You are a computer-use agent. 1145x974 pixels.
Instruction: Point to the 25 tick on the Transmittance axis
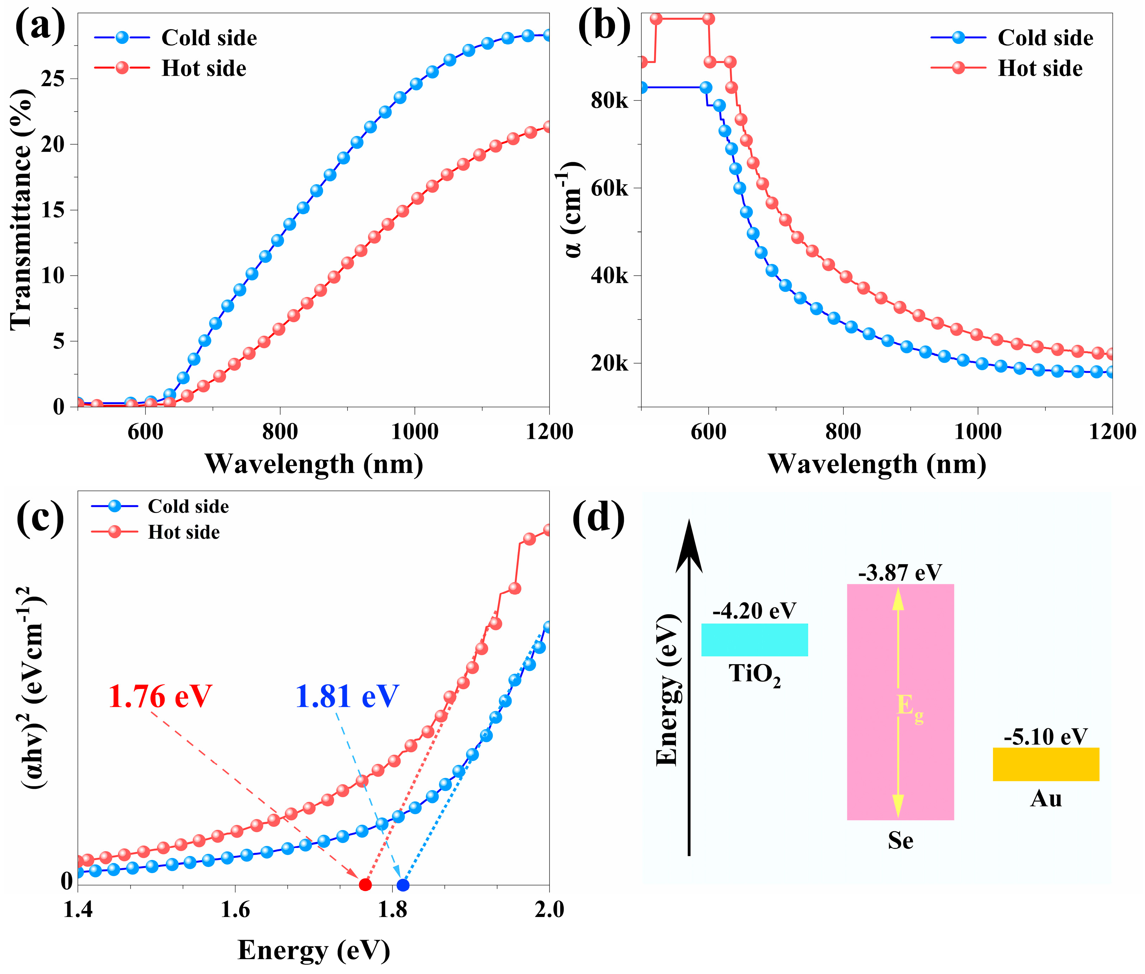click(53, 78)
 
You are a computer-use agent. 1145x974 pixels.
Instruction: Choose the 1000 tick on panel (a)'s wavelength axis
click(414, 431)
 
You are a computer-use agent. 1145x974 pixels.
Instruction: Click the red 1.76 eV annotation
click(160, 696)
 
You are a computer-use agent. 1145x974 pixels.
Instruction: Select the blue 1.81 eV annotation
click(347, 696)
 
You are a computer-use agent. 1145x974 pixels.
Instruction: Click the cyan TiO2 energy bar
click(755, 639)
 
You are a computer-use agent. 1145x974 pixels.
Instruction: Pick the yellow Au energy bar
click(1045, 764)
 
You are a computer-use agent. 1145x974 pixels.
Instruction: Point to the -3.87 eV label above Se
click(900, 573)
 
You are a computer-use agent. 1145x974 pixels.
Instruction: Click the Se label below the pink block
click(900, 841)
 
